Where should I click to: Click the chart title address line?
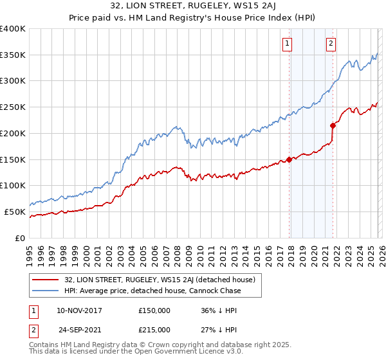point(192,7)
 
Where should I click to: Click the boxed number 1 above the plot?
point(286,44)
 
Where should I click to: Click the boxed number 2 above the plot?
point(331,44)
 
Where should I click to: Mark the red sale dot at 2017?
point(289,159)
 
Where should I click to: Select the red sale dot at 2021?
point(333,125)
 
